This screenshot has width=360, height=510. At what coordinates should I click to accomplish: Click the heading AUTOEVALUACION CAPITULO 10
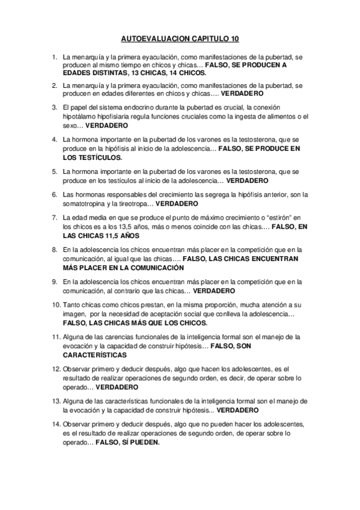tap(180, 39)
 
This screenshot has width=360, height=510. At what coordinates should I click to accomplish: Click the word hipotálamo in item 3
tap(78, 117)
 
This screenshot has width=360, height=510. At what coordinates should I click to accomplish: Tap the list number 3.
tap(55, 108)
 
